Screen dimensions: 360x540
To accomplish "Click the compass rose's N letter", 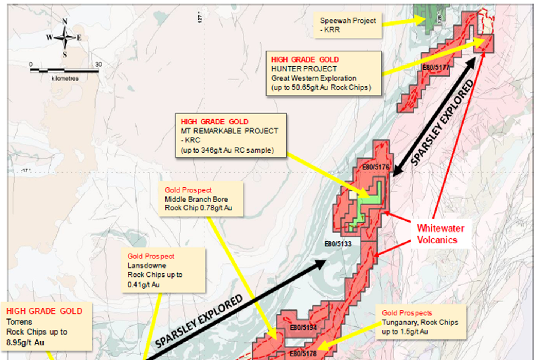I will click(x=65, y=21).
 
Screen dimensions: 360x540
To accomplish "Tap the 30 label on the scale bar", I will click(x=98, y=64).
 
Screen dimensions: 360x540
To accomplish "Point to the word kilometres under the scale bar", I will click(x=65, y=78).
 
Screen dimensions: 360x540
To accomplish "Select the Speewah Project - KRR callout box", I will click(x=348, y=25).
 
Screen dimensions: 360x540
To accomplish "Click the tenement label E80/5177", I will click(x=436, y=67).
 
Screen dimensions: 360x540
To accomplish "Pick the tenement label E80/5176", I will click(x=375, y=167).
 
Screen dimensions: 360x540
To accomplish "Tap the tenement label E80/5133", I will click(x=338, y=244).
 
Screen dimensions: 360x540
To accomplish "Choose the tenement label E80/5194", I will click(x=303, y=327).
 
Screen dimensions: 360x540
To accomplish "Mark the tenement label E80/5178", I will click(x=303, y=353).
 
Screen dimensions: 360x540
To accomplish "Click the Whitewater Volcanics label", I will click(x=440, y=234).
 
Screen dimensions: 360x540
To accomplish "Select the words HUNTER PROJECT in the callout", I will click(x=304, y=69).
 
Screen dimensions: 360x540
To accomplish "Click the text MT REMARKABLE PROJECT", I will click(x=229, y=131).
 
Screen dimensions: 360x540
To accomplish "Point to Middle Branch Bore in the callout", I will click(x=196, y=199).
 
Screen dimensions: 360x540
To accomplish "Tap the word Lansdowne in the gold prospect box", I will click(x=147, y=265).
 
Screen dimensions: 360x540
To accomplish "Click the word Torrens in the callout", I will click(x=19, y=322).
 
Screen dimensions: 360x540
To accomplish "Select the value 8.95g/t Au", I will click(x=25, y=342).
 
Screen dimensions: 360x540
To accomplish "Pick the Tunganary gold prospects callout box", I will click(x=421, y=322).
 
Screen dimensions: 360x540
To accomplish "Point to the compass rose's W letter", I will click(x=49, y=37).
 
